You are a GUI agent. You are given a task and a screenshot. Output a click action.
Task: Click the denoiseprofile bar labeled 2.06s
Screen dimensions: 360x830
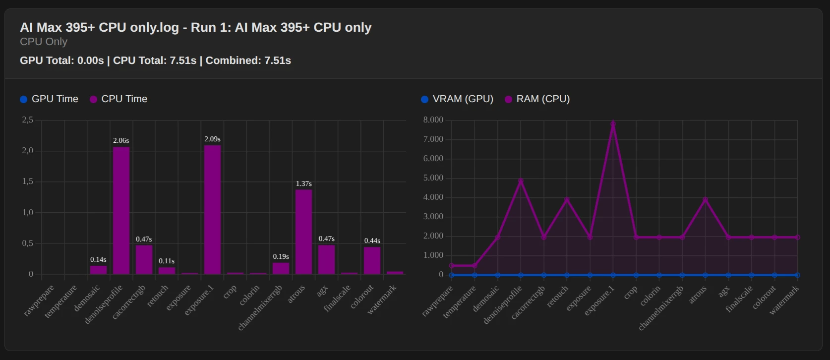tap(121, 210)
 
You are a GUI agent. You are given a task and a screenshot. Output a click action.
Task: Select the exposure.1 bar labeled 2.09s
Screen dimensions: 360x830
tap(212, 209)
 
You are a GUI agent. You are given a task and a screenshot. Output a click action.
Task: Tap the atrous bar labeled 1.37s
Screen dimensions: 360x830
tap(303, 232)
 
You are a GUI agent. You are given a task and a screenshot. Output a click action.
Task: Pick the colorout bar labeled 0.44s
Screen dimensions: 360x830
tap(372, 260)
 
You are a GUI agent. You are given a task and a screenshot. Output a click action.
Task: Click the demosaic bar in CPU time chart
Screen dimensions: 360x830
tap(98, 270)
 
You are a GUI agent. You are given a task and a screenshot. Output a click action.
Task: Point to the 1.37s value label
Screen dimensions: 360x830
tap(303, 183)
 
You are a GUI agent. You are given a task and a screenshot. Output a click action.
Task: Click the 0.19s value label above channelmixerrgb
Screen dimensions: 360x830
tap(281, 256)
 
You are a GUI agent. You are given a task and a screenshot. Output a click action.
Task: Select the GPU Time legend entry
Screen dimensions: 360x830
tap(49, 99)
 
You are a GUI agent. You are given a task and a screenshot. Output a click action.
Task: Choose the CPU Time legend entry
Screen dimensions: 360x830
tap(119, 99)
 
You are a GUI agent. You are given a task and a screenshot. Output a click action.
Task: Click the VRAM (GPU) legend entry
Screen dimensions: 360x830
tap(457, 99)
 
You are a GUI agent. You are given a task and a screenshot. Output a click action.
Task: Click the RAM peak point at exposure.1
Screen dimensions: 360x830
tap(613, 123)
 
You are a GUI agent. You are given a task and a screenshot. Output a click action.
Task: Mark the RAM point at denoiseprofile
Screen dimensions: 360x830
tap(521, 181)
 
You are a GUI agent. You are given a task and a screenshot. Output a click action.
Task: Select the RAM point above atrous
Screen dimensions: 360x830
tap(705, 199)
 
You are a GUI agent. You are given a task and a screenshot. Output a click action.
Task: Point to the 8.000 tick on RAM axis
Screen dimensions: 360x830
tap(433, 120)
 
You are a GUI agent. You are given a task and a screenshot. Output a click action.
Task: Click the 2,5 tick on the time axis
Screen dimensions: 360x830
tap(28, 120)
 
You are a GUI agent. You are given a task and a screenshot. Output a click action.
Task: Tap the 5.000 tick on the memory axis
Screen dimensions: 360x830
tap(433, 178)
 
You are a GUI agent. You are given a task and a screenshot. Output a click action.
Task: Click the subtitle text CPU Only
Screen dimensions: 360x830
tap(44, 42)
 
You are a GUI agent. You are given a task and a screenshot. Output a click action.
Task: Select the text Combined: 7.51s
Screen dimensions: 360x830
tap(248, 60)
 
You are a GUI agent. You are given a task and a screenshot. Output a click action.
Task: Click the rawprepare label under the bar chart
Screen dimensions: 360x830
tap(39, 300)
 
